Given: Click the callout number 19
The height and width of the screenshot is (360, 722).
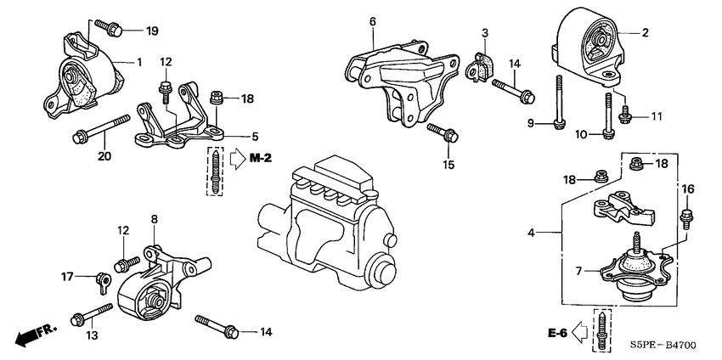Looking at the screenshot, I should [x=152, y=31].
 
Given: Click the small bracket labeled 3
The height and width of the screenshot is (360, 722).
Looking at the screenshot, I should [x=481, y=65].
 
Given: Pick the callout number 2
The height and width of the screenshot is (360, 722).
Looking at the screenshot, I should [x=645, y=33].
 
